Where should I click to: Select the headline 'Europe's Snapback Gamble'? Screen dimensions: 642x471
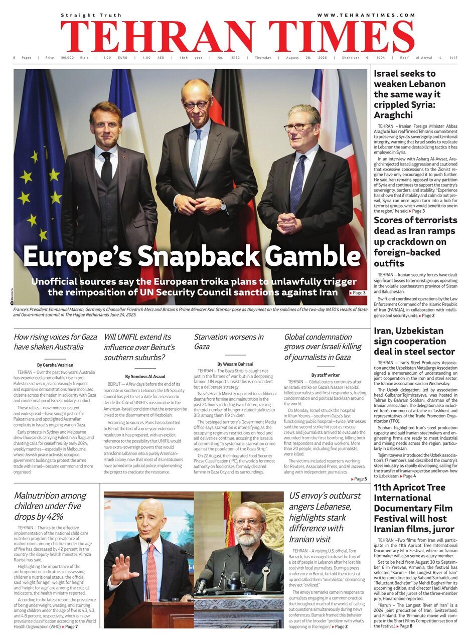pyautogui.click(x=192, y=256)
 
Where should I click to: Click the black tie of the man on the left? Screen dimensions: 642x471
pyautogui.click(x=106, y=169)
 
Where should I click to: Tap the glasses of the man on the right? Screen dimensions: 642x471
pyautogui.click(x=299, y=126)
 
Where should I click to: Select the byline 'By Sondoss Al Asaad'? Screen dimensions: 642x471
pyautogui.click(x=145, y=376)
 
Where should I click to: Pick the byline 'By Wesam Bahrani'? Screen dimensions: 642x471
pyautogui.click(x=235, y=364)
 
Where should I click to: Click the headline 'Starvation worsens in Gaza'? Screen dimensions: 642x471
pyautogui.click(x=229, y=342)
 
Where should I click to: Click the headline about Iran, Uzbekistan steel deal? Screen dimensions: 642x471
pyautogui.click(x=414, y=341)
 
